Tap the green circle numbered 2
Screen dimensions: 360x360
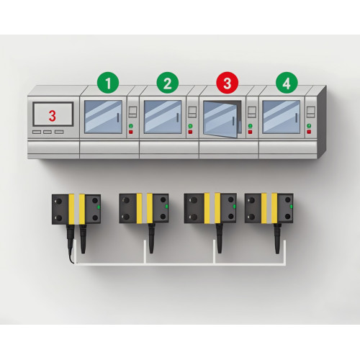[167, 84]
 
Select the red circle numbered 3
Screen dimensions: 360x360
[226, 84]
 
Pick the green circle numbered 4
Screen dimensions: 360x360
[286, 84]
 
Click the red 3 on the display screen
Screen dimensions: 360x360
[52, 114]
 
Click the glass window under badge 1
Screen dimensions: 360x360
[104, 116]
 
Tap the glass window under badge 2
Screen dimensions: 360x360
[163, 116]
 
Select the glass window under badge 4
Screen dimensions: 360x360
[282, 116]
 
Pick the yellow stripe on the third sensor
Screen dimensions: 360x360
[210, 207]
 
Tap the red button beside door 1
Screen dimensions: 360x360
[131, 132]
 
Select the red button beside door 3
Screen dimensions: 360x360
[250, 132]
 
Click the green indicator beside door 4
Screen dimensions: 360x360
[309, 126]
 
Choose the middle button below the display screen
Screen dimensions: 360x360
[48, 132]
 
